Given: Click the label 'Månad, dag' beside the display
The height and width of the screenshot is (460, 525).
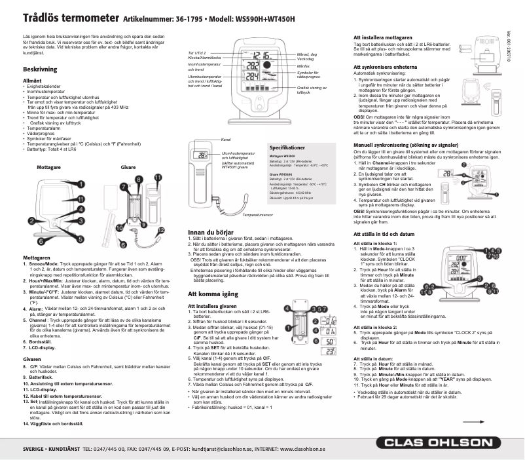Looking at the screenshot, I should [x=307, y=54].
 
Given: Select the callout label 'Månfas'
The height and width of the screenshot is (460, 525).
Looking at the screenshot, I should [x=303, y=67].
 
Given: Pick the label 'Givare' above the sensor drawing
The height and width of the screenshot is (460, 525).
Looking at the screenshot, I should [x=128, y=168].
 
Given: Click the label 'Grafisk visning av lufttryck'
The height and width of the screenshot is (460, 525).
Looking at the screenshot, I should [x=311, y=90].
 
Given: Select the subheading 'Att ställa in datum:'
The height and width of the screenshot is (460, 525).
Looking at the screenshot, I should [x=373, y=359].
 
